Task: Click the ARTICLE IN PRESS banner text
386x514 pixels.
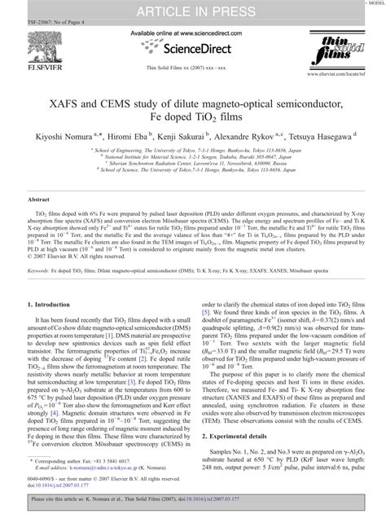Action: pos(192,10)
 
